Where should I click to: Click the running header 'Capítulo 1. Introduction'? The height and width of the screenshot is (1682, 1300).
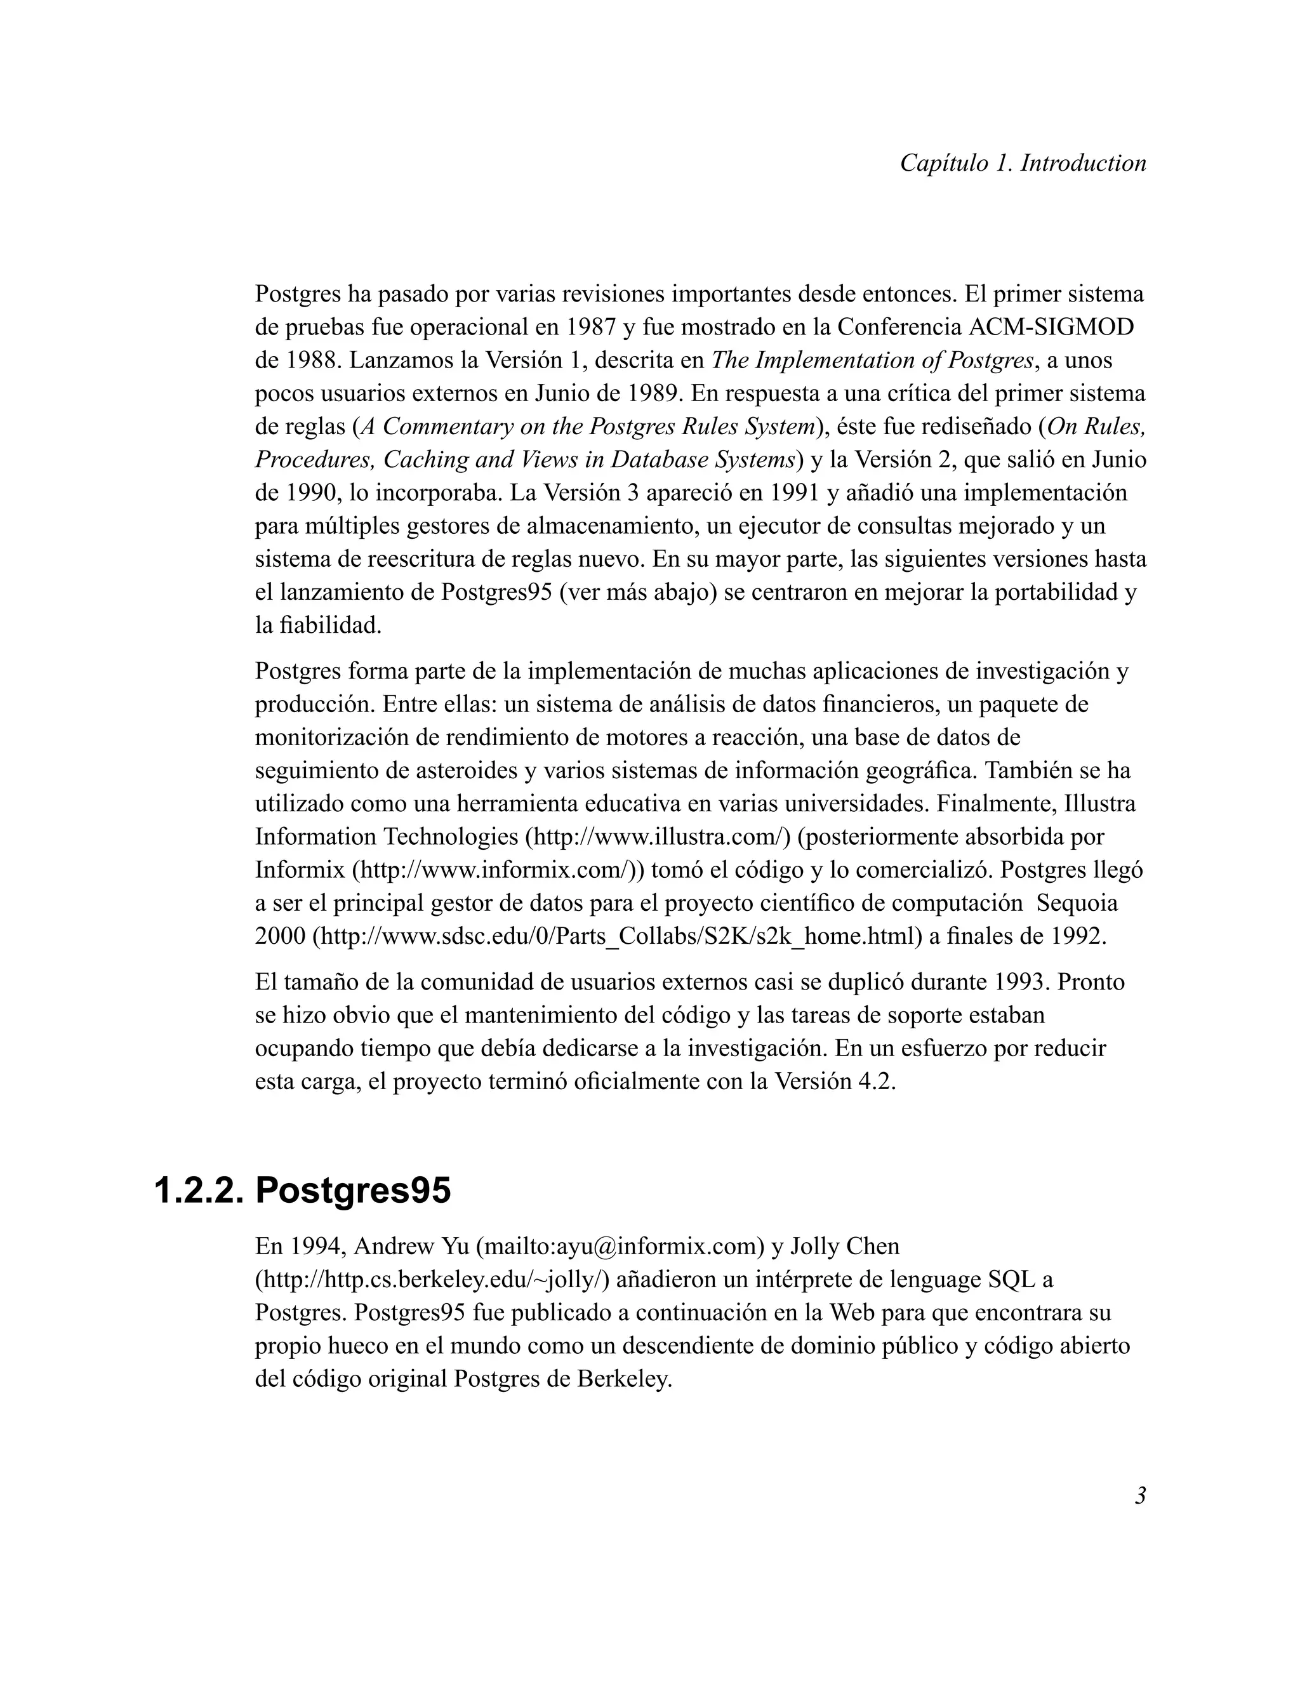[1023, 163]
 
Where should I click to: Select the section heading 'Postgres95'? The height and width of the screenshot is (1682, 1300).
[353, 1191]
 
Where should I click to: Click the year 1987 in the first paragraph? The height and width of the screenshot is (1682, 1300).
[590, 328]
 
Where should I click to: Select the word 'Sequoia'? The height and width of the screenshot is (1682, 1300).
[1077, 903]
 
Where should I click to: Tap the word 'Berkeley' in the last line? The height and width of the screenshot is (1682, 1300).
[624, 1379]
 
